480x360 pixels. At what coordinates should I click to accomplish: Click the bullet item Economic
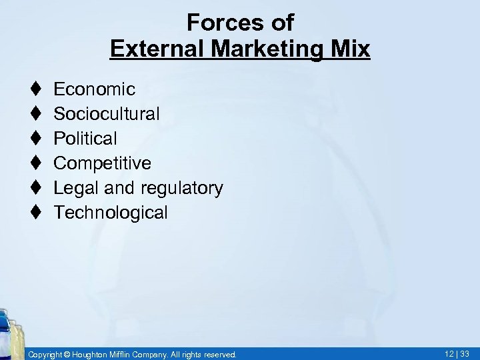tap(94, 89)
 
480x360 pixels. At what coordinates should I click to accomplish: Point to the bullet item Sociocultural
tap(106, 113)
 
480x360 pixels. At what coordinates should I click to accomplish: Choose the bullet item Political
tap(85, 138)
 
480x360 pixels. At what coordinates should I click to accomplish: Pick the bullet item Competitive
tap(102, 163)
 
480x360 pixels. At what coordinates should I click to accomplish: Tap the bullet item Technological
tap(111, 213)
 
